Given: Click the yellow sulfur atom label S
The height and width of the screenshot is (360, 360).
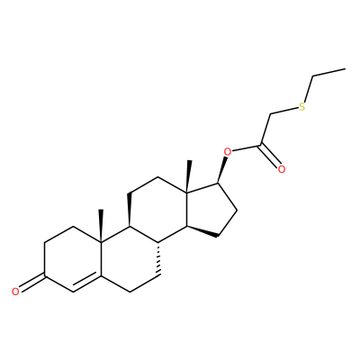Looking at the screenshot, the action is tap(302, 106).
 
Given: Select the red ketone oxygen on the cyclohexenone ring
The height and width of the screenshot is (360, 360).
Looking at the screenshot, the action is tap(16, 292).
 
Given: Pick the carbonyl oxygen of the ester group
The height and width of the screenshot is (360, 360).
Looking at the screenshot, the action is tap(281, 169).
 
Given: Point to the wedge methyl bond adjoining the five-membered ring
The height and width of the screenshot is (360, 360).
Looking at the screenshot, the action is tap(188, 175).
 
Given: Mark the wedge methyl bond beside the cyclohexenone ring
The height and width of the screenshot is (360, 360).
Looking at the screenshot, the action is tap(101, 225).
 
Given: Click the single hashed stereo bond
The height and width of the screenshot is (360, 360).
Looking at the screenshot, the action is tap(158, 258).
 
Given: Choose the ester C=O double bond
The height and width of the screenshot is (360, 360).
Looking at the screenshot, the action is tap(269, 156).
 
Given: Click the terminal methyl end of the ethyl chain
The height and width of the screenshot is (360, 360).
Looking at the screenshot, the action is tap(346, 69).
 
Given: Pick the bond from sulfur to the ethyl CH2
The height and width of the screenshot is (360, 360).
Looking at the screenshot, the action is tap(309, 89).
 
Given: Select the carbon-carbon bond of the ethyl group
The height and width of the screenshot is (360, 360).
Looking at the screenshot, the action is tap(329, 73).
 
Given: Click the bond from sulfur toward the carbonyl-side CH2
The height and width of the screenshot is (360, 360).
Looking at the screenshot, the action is tap(284, 111).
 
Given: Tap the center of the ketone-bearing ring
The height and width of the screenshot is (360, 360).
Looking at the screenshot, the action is tap(73, 259).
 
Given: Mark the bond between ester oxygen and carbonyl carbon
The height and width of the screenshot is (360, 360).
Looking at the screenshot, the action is tap(247, 148).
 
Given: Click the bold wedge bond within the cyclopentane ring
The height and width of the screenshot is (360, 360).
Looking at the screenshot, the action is tap(202, 231).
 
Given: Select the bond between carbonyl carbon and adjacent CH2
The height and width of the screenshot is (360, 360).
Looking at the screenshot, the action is tap(265, 130).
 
